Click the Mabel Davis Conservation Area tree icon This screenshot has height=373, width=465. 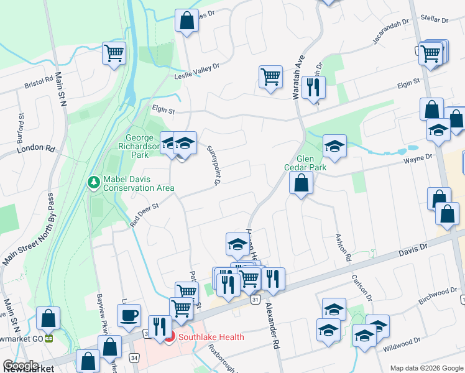coord(93,182)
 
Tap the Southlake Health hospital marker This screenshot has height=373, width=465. coord(170,338)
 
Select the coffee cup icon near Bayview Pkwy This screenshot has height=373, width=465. coord(129,315)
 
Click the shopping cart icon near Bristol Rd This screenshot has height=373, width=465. coord(114,53)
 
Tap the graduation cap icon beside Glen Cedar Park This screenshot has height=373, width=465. coord(334,146)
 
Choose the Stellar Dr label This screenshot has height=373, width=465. coord(435,20)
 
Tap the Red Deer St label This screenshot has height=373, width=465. coord(145,211)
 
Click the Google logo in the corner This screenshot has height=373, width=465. coord(21,365)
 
